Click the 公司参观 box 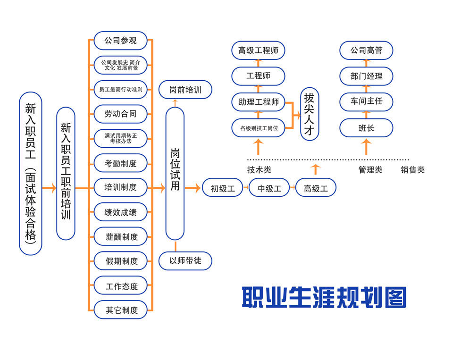point(121,41)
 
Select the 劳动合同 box point(121,114)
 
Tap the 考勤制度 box point(121,163)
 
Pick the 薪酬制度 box point(121,237)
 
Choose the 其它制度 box point(121,310)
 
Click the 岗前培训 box point(185,90)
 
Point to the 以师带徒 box point(185,260)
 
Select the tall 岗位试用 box point(175,173)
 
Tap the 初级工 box point(223,189)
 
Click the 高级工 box point(316,189)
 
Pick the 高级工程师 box point(258,50)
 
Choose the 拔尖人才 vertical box point(310,114)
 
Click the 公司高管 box point(366,50)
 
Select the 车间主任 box point(366,101)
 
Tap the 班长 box point(366,127)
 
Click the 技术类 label point(259,170)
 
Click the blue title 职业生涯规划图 point(324,297)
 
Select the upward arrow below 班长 point(366,147)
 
